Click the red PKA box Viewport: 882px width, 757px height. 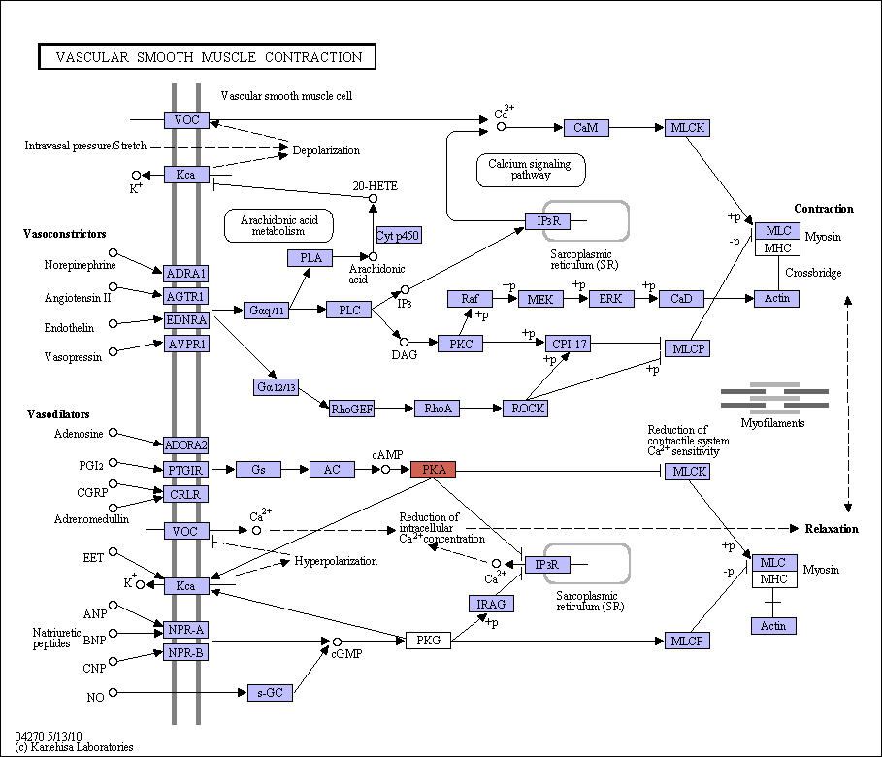point(433,470)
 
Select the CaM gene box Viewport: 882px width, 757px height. point(586,128)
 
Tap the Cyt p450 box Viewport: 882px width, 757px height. point(399,235)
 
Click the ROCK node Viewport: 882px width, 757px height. point(525,409)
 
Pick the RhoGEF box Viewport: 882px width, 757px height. point(352,409)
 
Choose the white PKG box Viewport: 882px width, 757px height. point(428,640)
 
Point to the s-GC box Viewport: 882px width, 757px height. point(270,693)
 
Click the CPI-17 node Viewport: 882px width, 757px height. point(569,344)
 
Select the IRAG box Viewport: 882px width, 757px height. point(491,604)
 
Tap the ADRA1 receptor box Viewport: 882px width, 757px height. point(185,274)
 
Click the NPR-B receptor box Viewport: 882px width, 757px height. point(185,652)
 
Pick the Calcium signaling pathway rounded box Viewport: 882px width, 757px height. point(531,170)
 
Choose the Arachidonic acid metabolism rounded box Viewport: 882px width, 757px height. point(278,226)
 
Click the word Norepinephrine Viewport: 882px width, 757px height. point(80,265)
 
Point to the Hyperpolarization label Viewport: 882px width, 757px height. point(336,561)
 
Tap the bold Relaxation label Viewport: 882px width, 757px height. point(832,529)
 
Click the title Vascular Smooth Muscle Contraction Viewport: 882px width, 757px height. point(208,57)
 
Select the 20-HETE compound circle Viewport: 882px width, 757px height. point(373,199)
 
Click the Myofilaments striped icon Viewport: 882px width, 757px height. point(774,398)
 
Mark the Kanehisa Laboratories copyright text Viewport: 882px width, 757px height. point(75,747)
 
